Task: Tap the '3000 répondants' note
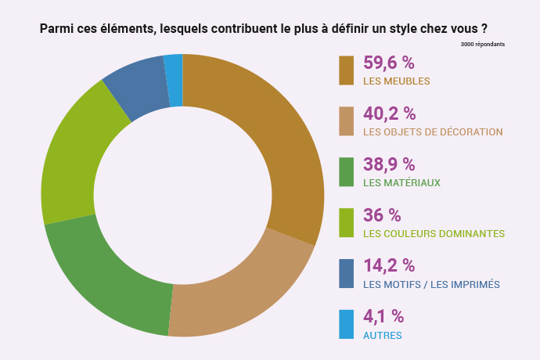tap(483, 44)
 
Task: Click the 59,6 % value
tap(389, 63)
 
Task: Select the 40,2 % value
tap(389, 114)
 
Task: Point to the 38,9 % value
tap(389, 164)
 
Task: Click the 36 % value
tap(382, 215)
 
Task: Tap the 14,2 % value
tap(389, 266)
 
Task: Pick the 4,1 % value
tap(383, 316)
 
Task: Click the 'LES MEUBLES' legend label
tap(397, 81)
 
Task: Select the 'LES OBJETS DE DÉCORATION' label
tap(433, 131)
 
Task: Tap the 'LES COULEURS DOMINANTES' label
tap(434, 233)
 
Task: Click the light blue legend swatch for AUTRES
tap(347, 325)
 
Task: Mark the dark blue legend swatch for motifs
tap(347, 274)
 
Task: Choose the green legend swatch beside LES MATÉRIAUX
tap(347, 172)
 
